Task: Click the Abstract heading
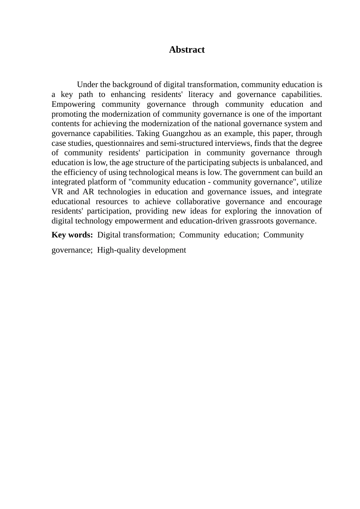(187, 50)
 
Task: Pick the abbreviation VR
(57, 192)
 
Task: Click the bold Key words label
(72, 235)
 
